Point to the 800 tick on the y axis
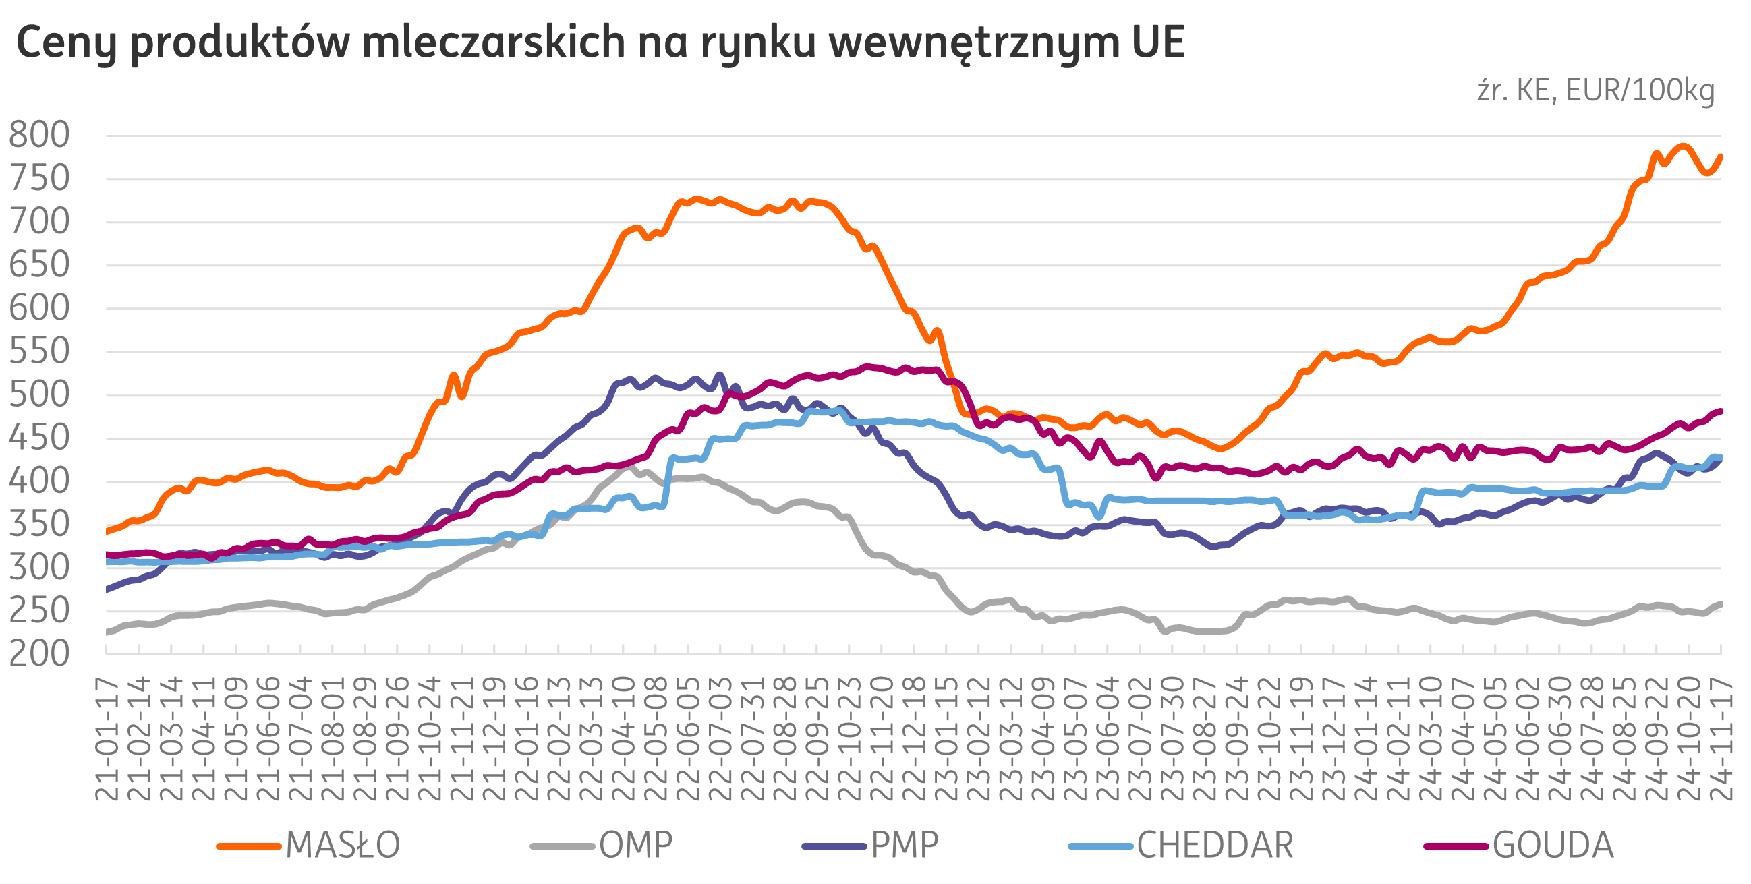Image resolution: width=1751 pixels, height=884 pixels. pyautogui.click(x=40, y=136)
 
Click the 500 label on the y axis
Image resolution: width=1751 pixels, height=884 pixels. pyautogui.click(x=40, y=394)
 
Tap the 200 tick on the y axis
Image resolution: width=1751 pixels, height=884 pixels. pyautogui.click(x=40, y=653)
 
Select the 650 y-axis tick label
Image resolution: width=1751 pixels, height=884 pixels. pyautogui.click(x=40, y=265)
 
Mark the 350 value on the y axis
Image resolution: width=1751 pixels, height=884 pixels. pyautogui.click(x=40, y=525)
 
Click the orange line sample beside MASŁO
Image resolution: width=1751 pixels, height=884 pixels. pyautogui.click(x=248, y=846)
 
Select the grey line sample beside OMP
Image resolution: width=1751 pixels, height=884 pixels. pyautogui.click(x=562, y=846)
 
